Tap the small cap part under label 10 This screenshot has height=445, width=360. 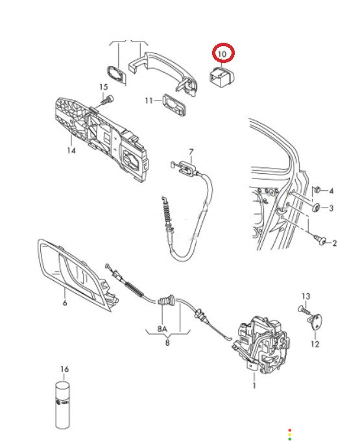click(x=222, y=76)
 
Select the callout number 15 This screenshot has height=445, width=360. click(x=104, y=87)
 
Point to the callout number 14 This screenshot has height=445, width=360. click(x=71, y=150)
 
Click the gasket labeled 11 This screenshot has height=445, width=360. click(x=174, y=104)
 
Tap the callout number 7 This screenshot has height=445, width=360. click(x=191, y=152)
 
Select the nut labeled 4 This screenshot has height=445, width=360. click(x=317, y=189)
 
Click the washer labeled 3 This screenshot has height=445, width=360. click(x=316, y=208)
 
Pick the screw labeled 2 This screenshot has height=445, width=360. click(x=320, y=240)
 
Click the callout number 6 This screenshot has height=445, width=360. click(x=65, y=303)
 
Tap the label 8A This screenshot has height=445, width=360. click(x=162, y=329)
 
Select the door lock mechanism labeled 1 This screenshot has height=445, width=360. click(x=261, y=344)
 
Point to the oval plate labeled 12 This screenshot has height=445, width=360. click(x=315, y=321)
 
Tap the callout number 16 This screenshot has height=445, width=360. click(x=65, y=369)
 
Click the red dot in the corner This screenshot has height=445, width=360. click(x=290, y=430)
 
